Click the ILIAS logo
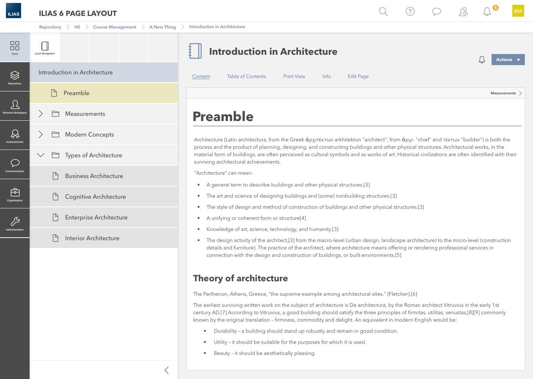click(x=13, y=11)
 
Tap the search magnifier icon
click(x=383, y=11)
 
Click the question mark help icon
click(x=410, y=11)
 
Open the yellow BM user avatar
click(x=518, y=11)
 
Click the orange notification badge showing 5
click(x=496, y=8)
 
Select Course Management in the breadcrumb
click(x=115, y=27)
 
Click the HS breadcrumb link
click(x=77, y=27)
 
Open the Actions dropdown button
click(x=508, y=60)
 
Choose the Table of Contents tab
click(x=247, y=77)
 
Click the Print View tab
click(x=294, y=77)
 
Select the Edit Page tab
click(x=358, y=77)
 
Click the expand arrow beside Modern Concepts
click(x=41, y=134)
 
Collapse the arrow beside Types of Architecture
click(x=41, y=155)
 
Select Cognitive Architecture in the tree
click(x=95, y=197)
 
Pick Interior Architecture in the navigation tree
click(x=92, y=238)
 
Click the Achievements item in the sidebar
click(x=15, y=135)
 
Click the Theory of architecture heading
click(x=241, y=278)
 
